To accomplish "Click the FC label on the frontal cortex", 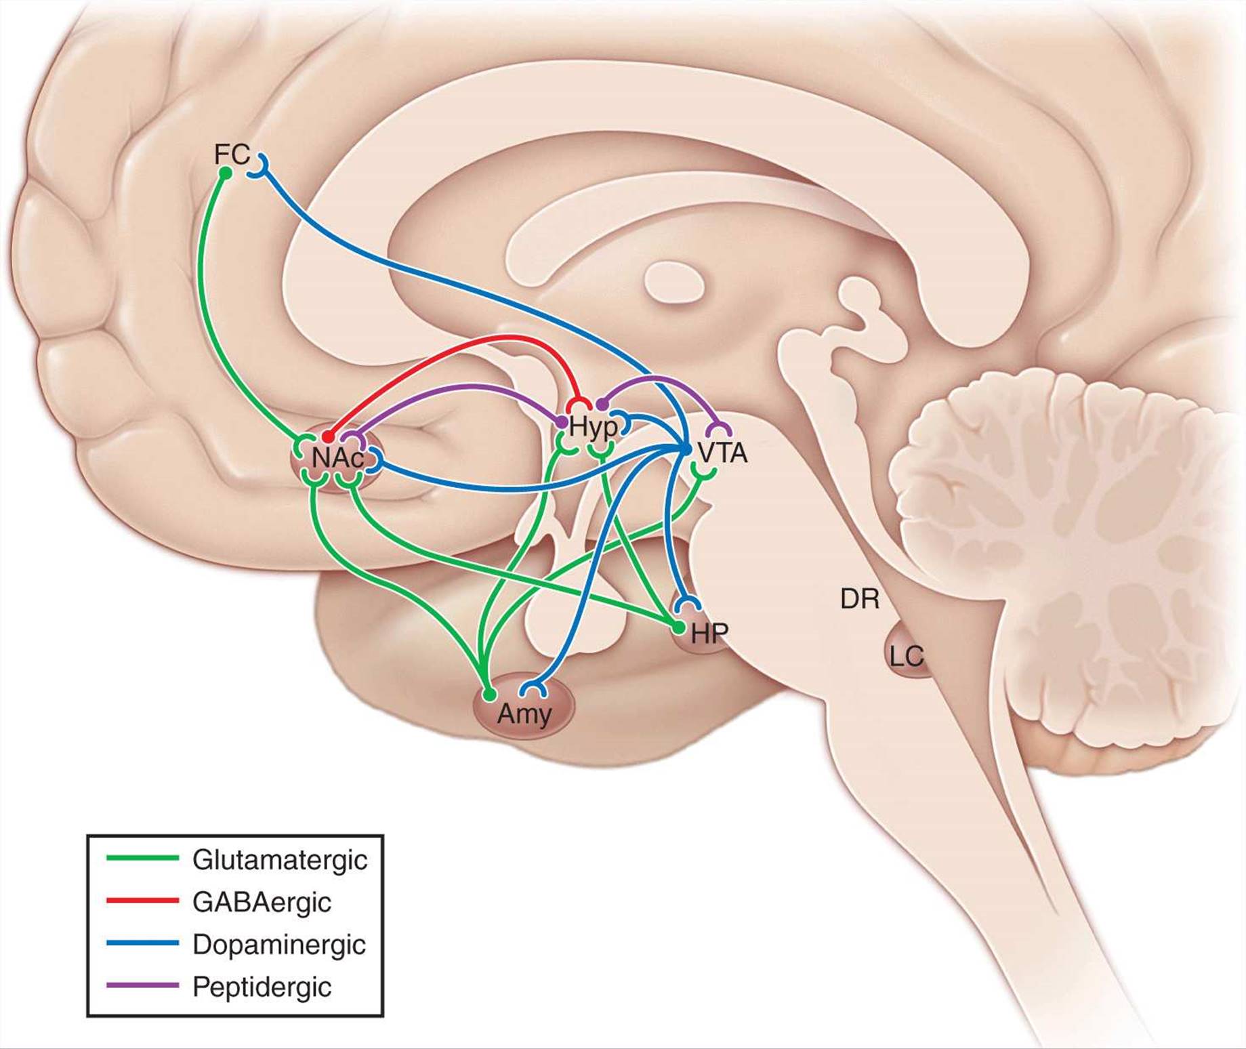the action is [x=232, y=155].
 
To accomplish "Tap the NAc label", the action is [x=337, y=459].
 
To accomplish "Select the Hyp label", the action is [x=594, y=428].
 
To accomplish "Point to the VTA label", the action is [x=722, y=453].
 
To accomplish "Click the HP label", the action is [x=709, y=633].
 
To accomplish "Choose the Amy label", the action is [x=524, y=714].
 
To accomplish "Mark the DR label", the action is [x=860, y=599].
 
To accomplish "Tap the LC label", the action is [x=906, y=656].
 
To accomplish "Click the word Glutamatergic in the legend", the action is [x=280, y=860].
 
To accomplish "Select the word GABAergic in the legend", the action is [x=262, y=903].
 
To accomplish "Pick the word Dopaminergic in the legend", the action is [x=279, y=945].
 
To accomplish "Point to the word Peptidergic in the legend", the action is [x=262, y=987].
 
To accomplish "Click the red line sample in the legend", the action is [x=142, y=901].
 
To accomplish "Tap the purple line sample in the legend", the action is [x=142, y=985].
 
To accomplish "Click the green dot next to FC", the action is [x=226, y=174].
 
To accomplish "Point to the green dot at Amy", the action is [x=489, y=695].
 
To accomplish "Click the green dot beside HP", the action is [x=678, y=628].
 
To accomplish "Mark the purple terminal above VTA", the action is [x=719, y=428].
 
